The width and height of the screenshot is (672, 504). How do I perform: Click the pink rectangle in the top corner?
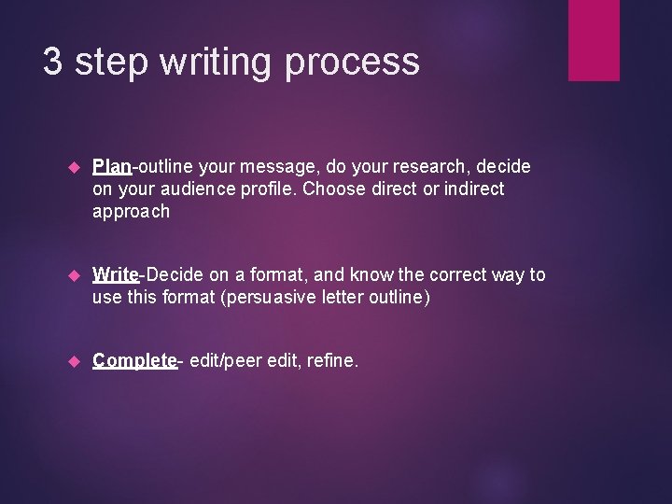(x=594, y=39)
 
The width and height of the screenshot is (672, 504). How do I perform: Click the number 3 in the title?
(x=53, y=62)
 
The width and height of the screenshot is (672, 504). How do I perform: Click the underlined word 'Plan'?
(x=112, y=167)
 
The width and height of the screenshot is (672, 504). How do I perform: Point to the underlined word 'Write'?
(x=116, y=275)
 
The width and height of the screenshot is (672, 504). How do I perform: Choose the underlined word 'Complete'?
(x=134, y=361)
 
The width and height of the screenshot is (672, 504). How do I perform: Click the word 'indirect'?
(x=473, y=189)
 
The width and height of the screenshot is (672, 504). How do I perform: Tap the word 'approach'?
(x=131, y=212)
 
